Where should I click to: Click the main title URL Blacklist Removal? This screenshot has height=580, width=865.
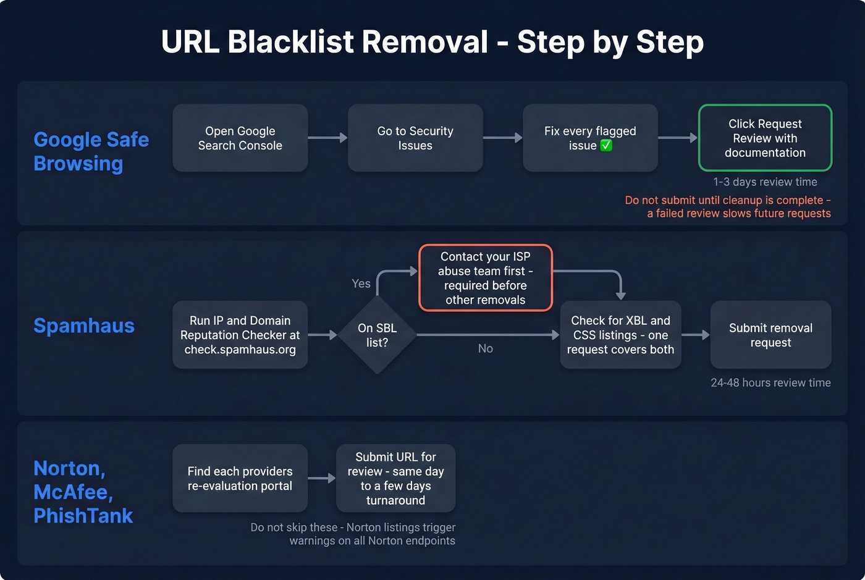pyautogui.click(x=432, y=42)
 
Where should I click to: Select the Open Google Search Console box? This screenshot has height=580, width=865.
pyautogui.click(x=240, y=138)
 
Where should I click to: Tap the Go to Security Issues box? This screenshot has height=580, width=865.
pyautogui.click(x=415, y=138)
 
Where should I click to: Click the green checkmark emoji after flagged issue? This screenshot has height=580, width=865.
pyautogui.click(x=606, y=146)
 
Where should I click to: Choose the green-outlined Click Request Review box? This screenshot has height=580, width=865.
pyautogui.click(x=765, y=138)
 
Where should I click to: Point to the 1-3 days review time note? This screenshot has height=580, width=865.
pyautogui.click(x=765, y=182)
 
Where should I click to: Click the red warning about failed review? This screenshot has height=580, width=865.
pyautogui.click(x=728, y=207)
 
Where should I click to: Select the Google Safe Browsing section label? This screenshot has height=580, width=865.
pyautogui.click(x=91, y=151)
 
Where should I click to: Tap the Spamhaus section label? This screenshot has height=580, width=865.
pyautogui.click(x=84, y=326)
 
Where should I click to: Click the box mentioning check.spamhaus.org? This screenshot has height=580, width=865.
pyautogui.click(x=240, y=335)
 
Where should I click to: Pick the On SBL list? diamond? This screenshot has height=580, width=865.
pyautogui.click(x=377, y=335)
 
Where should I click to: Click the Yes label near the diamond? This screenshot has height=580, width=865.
pyautogui.click(x=361, y=284)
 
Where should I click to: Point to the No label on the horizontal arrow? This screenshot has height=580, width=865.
pyautogui.click(x=485, y=349)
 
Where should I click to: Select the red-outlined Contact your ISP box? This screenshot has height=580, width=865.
pyautogui.click(x=485, y=278)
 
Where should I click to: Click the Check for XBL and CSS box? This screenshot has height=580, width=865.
pyautogui.click(x=620, y=335)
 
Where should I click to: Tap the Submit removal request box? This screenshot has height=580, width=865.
pyautogui.click(x=770, y=335)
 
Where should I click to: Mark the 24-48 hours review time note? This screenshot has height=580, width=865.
pyautogui.click(x=770, y=383)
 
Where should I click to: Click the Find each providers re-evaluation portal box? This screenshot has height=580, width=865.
pyautogui.click(x=240, y=478)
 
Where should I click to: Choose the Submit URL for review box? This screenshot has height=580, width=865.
pyautogui.click(x=395, y=478)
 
